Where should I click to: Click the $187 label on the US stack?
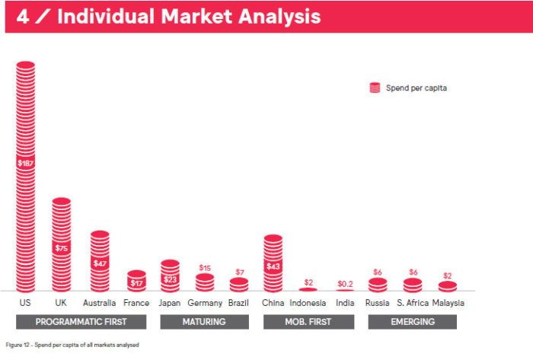25,163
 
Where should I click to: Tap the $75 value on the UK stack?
62,248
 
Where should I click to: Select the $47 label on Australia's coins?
100,263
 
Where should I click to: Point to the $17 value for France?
136,283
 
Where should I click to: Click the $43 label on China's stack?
273,266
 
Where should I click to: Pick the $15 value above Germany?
205,268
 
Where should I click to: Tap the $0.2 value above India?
345,284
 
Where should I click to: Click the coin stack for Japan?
170,276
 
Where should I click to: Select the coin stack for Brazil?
239,285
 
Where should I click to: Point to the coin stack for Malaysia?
448,287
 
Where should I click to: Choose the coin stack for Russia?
378,285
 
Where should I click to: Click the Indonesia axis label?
308,303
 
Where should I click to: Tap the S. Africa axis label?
413,303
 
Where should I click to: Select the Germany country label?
205,303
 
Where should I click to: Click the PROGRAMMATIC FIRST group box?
81,322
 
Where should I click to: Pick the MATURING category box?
204,322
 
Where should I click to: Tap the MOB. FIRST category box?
308,322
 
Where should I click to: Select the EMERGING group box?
413,322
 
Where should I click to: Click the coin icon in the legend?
375,88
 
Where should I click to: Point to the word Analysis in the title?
279,17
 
